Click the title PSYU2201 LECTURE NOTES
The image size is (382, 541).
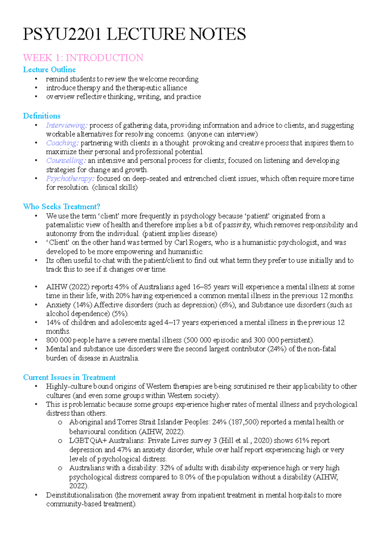[x=134, y=34]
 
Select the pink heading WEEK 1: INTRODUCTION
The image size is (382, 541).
[x=83, y=58]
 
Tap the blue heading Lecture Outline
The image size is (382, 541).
[x=49, y=69]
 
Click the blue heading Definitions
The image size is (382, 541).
[x=42, y=116]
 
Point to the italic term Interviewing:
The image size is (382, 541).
[x=67, y=125]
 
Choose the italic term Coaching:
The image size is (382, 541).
[x=62, y=143]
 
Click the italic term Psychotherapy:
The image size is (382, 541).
[x=70, y=178]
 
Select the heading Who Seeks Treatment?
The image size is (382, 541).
[x=62, y=206]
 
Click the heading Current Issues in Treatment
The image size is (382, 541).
[x=69, y=377]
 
